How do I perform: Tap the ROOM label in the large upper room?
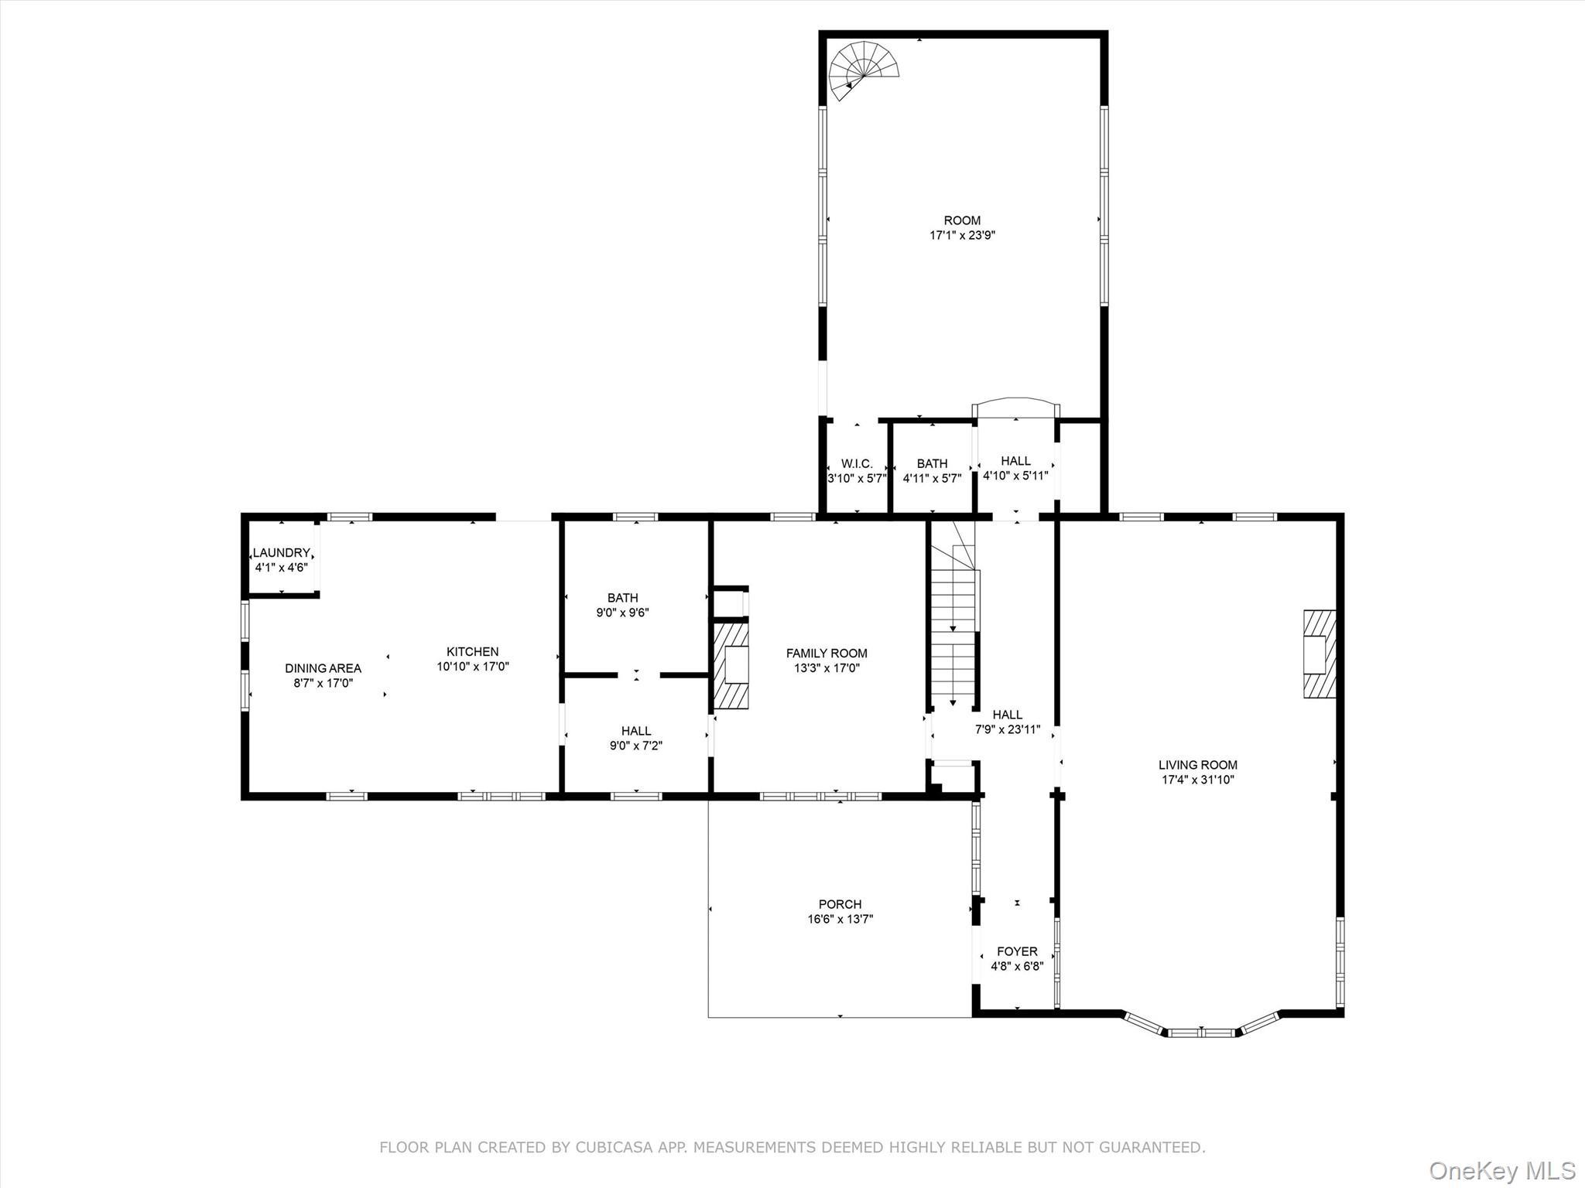coord(962,220)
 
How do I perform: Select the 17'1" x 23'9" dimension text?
coord(962,235)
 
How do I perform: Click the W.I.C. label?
coord(857,463)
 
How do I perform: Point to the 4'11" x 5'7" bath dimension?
coord(932,478)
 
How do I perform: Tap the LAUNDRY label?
coord(282,552)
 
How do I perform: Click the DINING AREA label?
coord(323,668)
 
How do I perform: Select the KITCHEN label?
coord(472,651)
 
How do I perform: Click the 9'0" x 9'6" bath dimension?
coord(622,613)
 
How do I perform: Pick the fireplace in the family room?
coord(731,665)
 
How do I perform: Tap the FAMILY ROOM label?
coord(827,653)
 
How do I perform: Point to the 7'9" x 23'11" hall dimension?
coord(1007,729)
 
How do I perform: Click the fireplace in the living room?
coord(1319,654)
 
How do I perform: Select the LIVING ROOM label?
coord(1197,764)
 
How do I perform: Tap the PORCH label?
coord(840,903)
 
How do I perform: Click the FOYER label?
coord(1017,951)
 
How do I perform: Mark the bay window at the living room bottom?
coord(1201,1029)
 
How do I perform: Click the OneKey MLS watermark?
coord(1501,1169)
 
